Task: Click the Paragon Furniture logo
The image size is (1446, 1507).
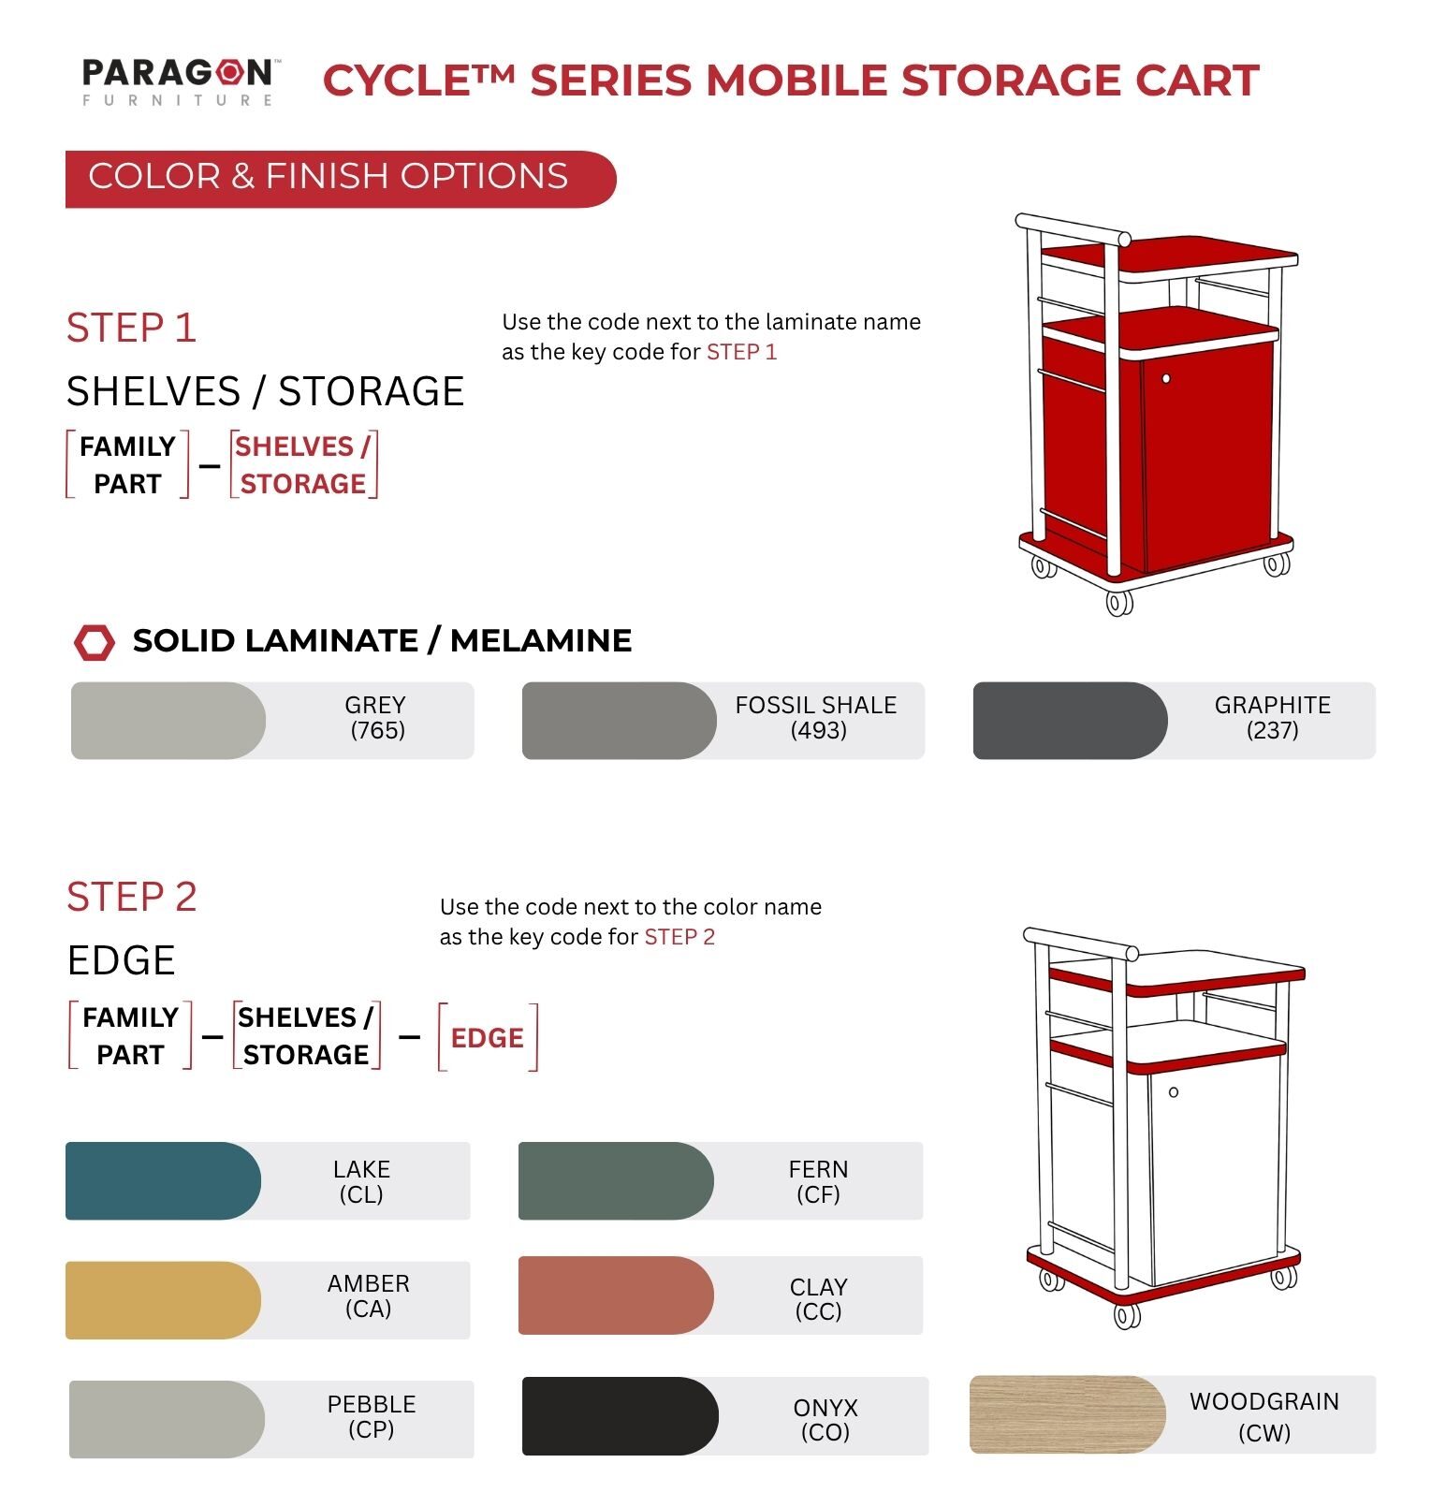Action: coord(178,82)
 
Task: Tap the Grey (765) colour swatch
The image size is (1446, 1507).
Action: coord(168,720)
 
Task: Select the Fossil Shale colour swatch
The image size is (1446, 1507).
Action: coord(619,720)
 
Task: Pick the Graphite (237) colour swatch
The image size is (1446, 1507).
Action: coord(1070,720)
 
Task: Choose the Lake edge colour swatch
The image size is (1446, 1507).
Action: coord(163,1180)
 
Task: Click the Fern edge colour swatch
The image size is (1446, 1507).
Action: coord(616,1180)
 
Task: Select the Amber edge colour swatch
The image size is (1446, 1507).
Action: coord(163,1300)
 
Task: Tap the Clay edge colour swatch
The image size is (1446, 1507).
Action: coord(616,1295)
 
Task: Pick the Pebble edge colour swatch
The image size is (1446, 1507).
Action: coord(167,1419)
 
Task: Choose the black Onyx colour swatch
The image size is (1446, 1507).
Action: coord(620,1416)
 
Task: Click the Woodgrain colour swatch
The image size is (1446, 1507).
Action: coord(1067,1414)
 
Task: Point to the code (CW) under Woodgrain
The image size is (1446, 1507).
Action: coord(1264,1432)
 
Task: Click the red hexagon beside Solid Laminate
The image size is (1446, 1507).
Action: coord(95,642)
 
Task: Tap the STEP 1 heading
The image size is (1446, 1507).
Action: coord(131,328)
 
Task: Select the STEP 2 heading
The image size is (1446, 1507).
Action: coord(132,897)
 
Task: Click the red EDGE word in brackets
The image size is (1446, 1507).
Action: coord(487,1037)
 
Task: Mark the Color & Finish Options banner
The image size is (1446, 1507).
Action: coord(341,179)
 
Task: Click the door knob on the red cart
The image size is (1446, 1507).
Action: coord(1166,378)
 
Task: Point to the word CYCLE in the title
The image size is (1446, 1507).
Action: coord(396,80)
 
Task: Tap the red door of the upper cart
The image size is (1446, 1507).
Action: coord(1208,459)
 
